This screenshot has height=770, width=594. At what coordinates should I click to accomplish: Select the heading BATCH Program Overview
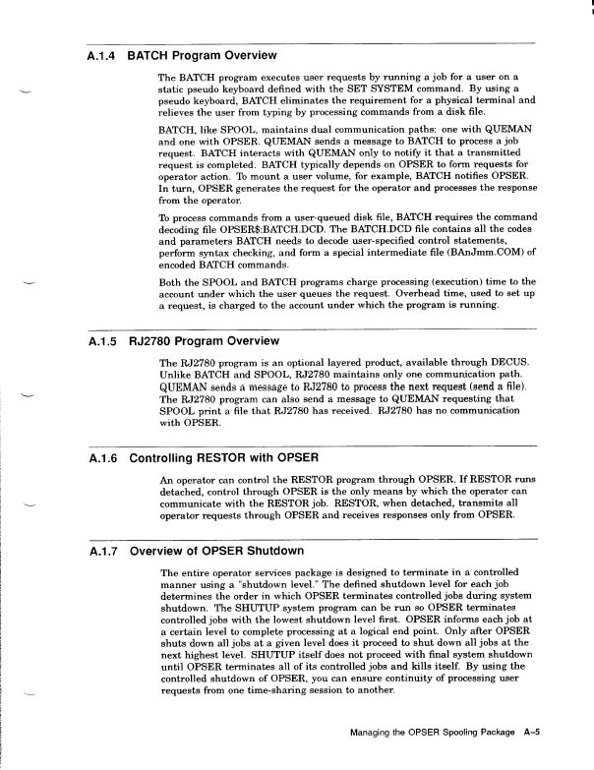(202, 56)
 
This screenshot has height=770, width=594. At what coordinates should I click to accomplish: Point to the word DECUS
(506, 363)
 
